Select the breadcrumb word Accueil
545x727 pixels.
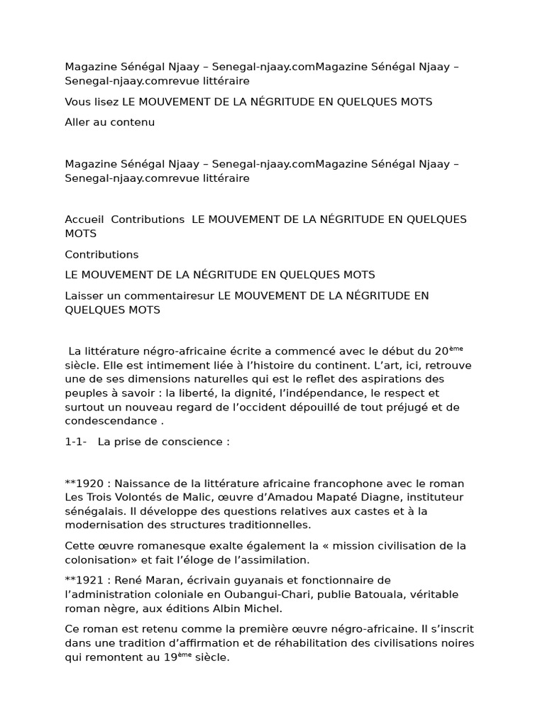(x=84, y=219)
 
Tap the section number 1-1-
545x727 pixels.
(x=75, y=441)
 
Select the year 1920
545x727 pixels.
(x=89, y=483)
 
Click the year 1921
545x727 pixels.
(x=89, y=580)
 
